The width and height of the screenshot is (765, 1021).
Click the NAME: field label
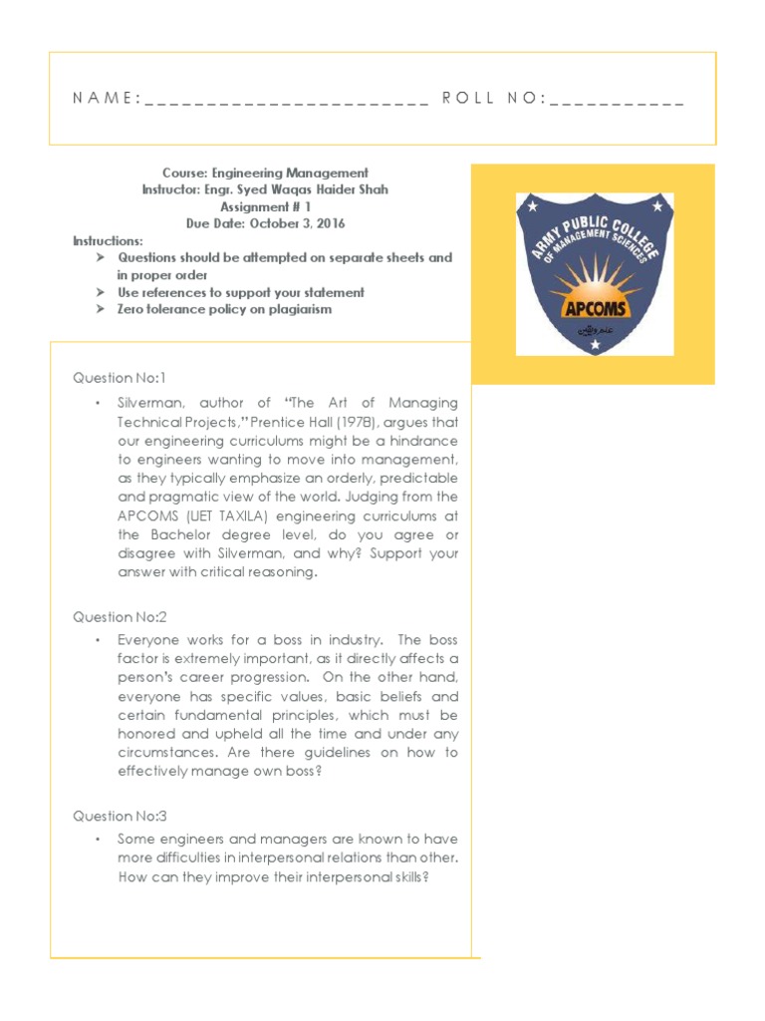tap(106, 99)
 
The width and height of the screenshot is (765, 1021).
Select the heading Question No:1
tap(119, 378)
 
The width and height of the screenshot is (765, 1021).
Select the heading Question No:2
tap(119, 617)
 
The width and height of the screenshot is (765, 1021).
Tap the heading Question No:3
tap(119, 816)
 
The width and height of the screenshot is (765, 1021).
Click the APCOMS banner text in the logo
tap(595, 307)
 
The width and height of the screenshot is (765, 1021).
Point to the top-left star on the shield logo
tap(532, 207)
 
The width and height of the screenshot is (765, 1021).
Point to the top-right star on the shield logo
tap(657, 207)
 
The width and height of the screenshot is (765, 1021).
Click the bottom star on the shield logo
tap(596, 345)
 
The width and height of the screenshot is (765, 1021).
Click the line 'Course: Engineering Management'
tap(265, 172)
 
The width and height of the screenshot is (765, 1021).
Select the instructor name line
tap(265, 189)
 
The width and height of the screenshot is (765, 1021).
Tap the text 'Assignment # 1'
tap(265, 206)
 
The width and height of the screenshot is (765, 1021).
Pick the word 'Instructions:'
tap(108, 241)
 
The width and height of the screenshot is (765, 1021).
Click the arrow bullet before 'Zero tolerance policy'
tap(101, 310)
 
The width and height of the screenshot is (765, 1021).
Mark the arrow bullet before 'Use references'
tap(101, 293)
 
